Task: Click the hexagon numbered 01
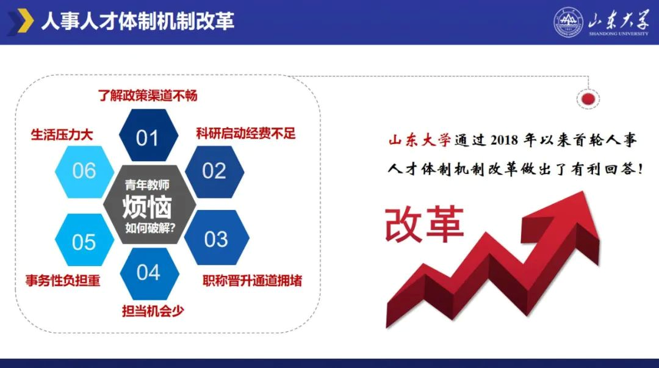click(148, 135)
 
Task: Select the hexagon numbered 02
click(214, 171)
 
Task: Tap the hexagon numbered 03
click(217, 237)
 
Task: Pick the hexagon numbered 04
click(149, 273)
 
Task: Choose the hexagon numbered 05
click(84, 240)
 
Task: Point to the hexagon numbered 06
click(84, 171)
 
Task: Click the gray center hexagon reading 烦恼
click(149, 205)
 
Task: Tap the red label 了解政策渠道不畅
click(148, 95)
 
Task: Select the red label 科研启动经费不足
click(246, 133)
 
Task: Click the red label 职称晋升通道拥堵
click(252, 281)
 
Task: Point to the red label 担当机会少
click(153, 311)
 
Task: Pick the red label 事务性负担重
click(63, 281)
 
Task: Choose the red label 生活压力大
click(62, 135)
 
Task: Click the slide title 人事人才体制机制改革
click(137, 21)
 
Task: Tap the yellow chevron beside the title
click(25, 21)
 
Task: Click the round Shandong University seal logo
click(568, 23)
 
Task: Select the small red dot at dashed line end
click(588, 99)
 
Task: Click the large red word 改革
click(425, 224)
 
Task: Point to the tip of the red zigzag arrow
click(583, 192)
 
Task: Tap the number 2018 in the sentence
click(505, 140)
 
